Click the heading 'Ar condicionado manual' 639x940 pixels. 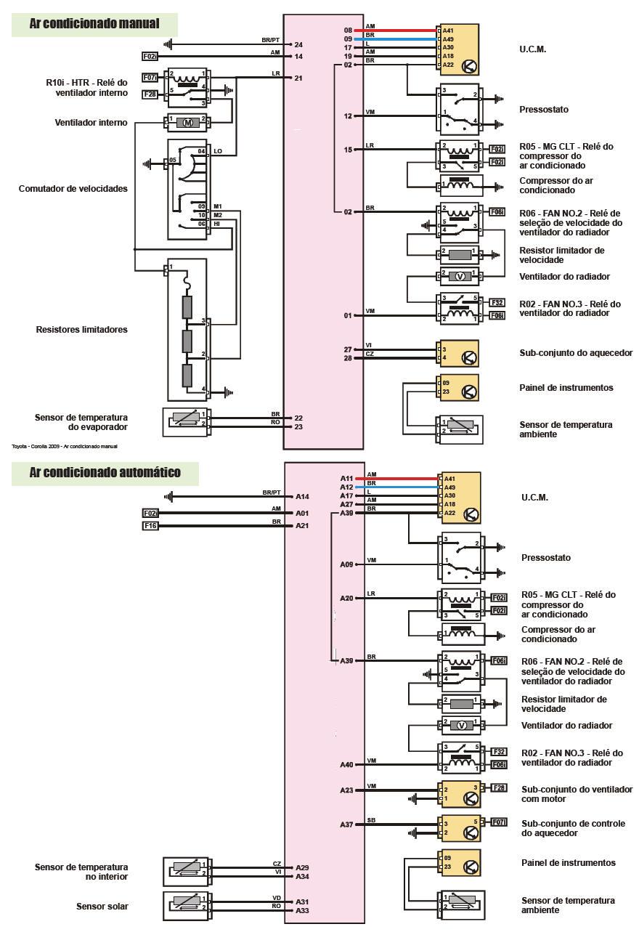[x=94, y=24]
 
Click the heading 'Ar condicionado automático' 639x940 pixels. [x=105, y=473]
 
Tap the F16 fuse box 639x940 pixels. [x=150, y=525]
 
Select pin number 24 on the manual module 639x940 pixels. [x=298, y=45]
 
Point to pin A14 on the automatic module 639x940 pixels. [x=302, y=497]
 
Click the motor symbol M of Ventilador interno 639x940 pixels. [x=188, y=122]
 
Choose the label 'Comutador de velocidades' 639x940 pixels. [x=73, y=188]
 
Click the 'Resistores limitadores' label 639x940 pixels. [x=81, y=329]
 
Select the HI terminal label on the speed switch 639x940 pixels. [x=216, y=224]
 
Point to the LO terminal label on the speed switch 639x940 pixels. [x=217, y=151]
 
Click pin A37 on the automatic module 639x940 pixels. [x=346, y=824]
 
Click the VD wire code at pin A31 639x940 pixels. [x=277, y=897]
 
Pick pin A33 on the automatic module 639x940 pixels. [x=302, y=910]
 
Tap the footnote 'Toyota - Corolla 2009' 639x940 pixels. [x=65, y=446]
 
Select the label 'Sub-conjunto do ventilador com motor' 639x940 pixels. [x=577, y=794]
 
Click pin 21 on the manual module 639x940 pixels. [x=298, y=78]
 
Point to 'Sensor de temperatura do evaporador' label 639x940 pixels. [x=81, y=422]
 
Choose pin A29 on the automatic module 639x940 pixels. [x=302, y=867]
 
